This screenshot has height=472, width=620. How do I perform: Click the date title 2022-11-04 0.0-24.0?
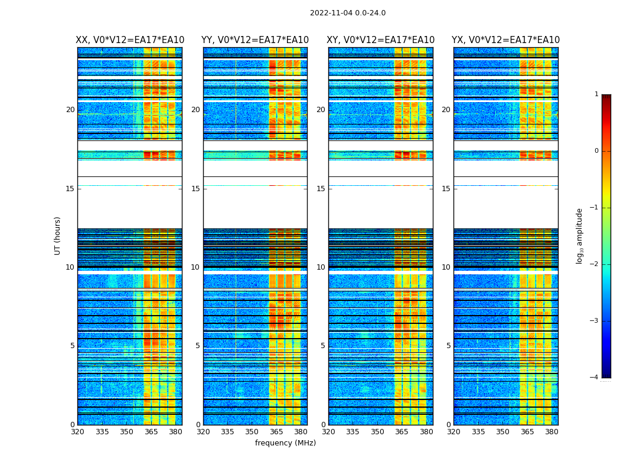(348, 13)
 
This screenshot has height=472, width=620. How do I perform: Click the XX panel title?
(130, 40)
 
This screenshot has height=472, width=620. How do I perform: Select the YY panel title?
(255, 40)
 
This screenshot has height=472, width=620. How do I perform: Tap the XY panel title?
(380, 40)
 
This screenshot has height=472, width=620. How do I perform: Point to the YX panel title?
(505, 40)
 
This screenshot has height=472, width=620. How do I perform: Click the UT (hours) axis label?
(58, 235)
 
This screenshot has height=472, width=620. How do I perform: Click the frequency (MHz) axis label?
(285, 443)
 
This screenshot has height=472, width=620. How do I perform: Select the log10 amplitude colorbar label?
(580, 235)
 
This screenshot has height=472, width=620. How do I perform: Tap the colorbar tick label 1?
(596, 94)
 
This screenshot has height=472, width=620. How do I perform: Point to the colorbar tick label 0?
(596, 151)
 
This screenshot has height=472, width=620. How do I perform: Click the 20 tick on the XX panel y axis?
(70, 110)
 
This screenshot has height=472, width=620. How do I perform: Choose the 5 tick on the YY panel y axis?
(198, 346)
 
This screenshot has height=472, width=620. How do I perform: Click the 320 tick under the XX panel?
(77, 432)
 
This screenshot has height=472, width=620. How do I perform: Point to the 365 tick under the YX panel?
(527, 432)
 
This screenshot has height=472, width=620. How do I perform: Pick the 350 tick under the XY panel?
(377, 432)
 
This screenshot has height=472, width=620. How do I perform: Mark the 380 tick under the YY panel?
(301, 432)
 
